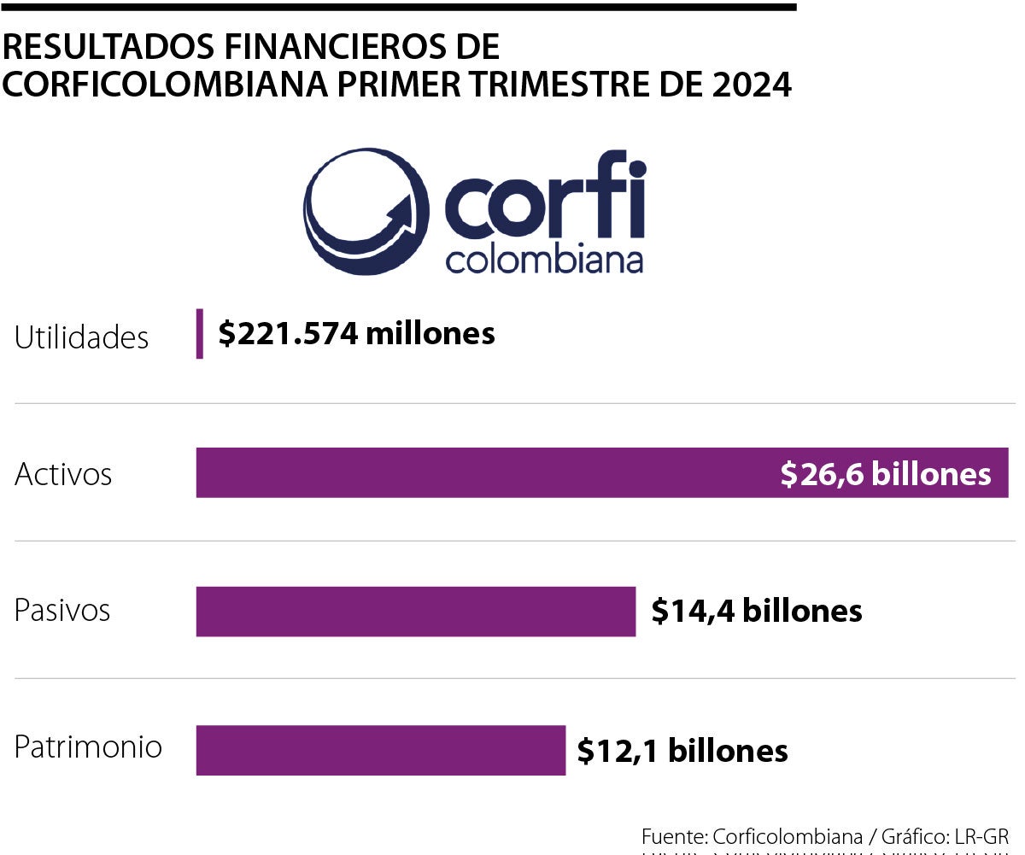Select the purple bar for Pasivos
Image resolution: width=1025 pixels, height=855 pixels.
click(x=416, y=611)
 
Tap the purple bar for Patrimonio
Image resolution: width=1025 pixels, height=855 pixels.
click(x=381, y=750)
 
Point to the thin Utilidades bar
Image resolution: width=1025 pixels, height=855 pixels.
click(x=200, y=333)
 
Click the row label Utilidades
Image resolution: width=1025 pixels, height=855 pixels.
click(x=82, y=337)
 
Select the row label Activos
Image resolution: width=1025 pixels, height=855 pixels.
click(x=63, y=474)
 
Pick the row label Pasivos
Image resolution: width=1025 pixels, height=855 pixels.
click(x=62, y=611)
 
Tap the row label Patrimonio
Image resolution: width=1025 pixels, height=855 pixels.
click(x=88, y=747)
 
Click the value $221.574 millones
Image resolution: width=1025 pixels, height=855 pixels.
click(x=356, y=333)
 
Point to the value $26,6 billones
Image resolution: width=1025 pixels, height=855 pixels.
click(x=885, y=474)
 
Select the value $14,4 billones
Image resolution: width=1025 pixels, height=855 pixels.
click(x=756, y=611)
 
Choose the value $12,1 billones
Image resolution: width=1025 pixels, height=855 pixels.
click(x=682, y=751)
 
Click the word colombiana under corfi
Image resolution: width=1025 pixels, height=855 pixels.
click(x=544, y=261)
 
